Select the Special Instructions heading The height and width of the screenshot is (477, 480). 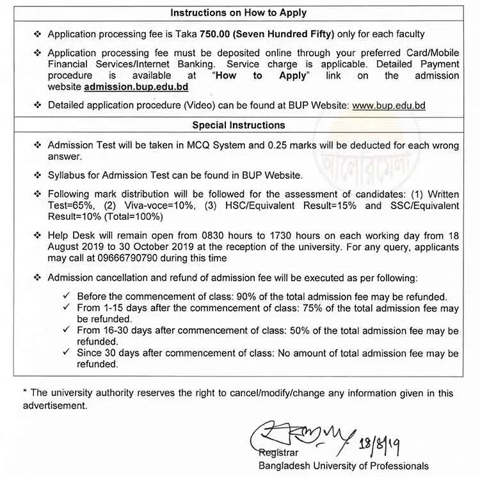[x=238, y=125]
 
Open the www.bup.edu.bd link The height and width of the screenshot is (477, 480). [x=388, y=105]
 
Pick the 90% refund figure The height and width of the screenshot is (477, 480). [x=268, y=297]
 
